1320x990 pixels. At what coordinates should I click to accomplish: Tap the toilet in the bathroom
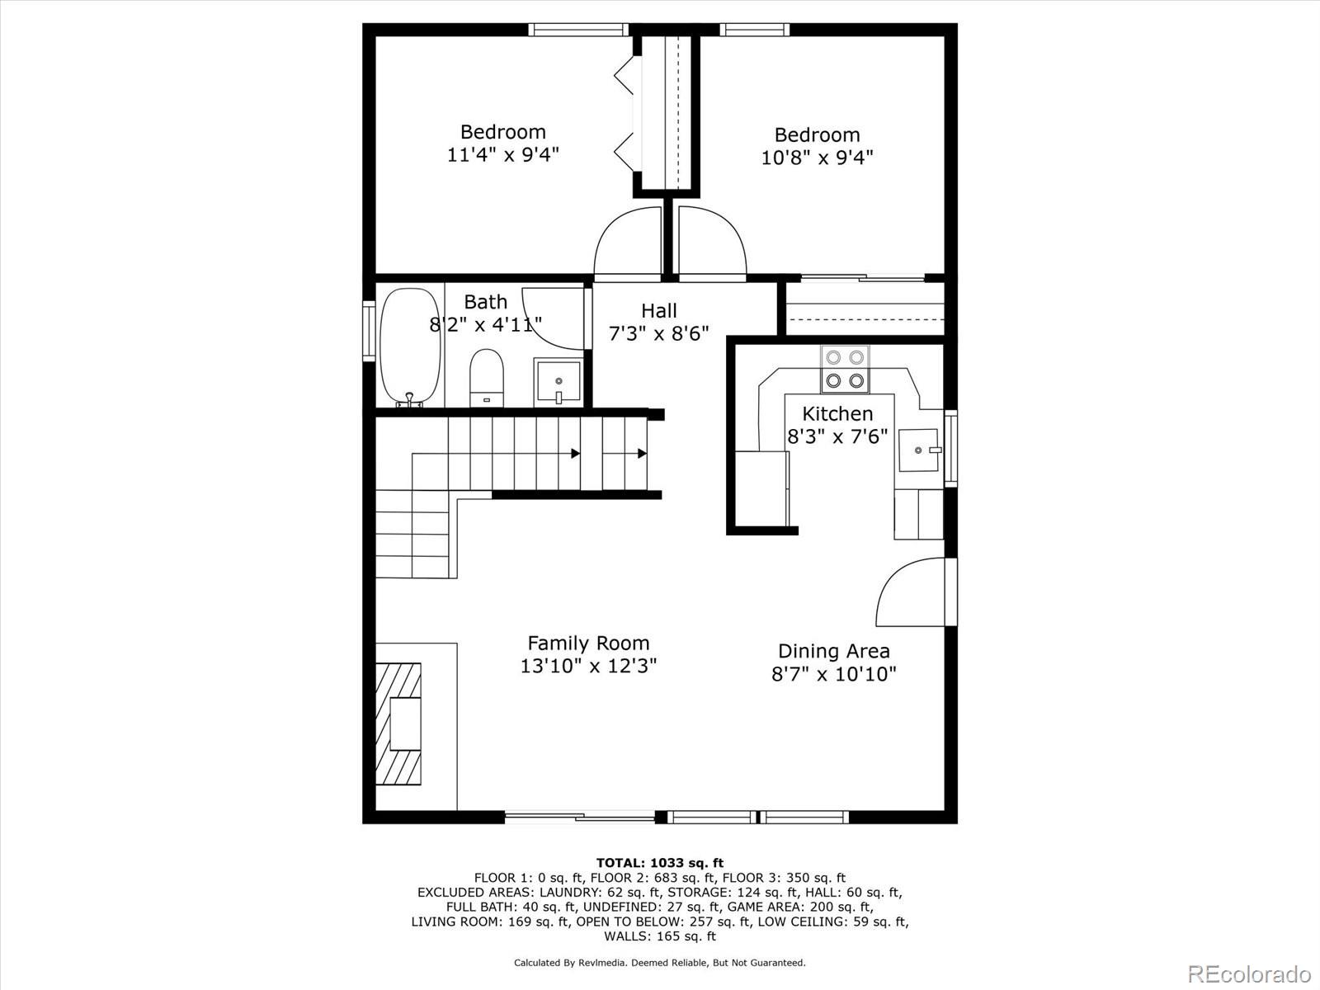[486, 377]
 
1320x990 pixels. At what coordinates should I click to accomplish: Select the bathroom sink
[558, 381]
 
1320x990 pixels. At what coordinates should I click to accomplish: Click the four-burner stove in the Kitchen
[845, 369]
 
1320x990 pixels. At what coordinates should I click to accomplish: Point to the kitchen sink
[919, 450]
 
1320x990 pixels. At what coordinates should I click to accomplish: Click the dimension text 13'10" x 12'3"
[588, 666]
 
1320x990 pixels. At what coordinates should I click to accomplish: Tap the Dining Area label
[833, 651]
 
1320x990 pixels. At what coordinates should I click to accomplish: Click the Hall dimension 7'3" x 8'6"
[658, 333]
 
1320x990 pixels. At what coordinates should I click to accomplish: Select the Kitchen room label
[837, 413]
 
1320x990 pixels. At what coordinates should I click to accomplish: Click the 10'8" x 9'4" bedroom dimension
[817, 157]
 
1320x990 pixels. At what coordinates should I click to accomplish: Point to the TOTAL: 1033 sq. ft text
[660, 863]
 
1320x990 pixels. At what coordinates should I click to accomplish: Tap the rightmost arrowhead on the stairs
[642, 453]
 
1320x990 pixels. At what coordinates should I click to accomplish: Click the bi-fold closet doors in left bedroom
[626, 115]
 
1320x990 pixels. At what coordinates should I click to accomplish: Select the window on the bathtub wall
[369, 330]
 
